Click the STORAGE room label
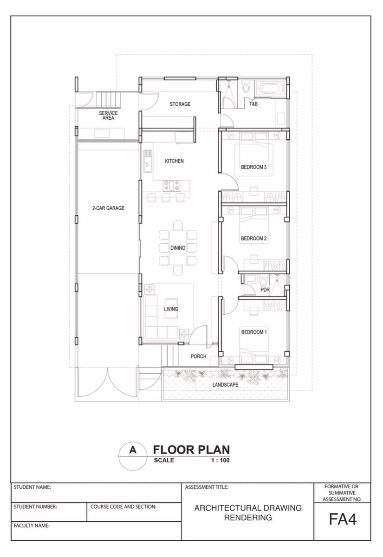click(x=180, y=104)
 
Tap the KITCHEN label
click(x=175, y=161)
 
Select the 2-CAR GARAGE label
click(x=108, y=208)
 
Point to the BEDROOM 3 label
click(x=253, y=167)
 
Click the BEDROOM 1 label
click(x=253, y=332)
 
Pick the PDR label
click(x=265, y=290)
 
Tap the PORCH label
click(x=198, y=356)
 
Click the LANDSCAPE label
click(x=225, y=385)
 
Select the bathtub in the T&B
click(x=270, y=88)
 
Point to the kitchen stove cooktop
click(x=171, y=186)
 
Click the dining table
click(x=178, y=248)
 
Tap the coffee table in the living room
click(x=171, y=309)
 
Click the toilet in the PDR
click(x=262, y=281)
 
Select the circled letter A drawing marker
click(x=133, y=457)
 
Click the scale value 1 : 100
click(x=220, y=460)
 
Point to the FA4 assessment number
click(x=343, y=519)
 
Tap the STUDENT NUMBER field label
click(x=35, y=506)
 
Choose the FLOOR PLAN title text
click(x=191, y=450)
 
